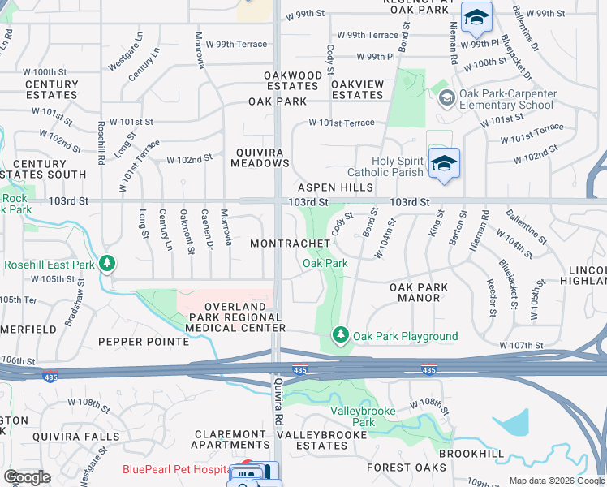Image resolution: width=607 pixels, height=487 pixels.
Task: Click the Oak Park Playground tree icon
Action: coord(342,334)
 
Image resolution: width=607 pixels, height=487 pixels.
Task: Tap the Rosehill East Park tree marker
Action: coord(107,264)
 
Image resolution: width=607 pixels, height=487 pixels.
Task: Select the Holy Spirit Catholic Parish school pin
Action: coord(443,163)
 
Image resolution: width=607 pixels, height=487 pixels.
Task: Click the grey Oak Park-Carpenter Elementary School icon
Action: coord(446,98)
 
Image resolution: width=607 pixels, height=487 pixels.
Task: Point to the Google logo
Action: coord(28,477)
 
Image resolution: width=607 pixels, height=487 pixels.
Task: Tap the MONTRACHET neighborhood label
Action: coord(290,243)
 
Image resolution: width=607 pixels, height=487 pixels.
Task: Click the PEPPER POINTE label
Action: coord(144,342)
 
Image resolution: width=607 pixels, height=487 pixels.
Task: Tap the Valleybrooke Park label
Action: coord(364,416)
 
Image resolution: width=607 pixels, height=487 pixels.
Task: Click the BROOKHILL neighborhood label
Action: coord(471,453)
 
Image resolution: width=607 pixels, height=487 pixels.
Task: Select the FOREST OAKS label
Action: coord(406,468)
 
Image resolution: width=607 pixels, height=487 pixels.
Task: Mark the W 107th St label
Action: coord(520,346)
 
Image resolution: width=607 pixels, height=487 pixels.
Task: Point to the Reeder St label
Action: coord(492,299)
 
